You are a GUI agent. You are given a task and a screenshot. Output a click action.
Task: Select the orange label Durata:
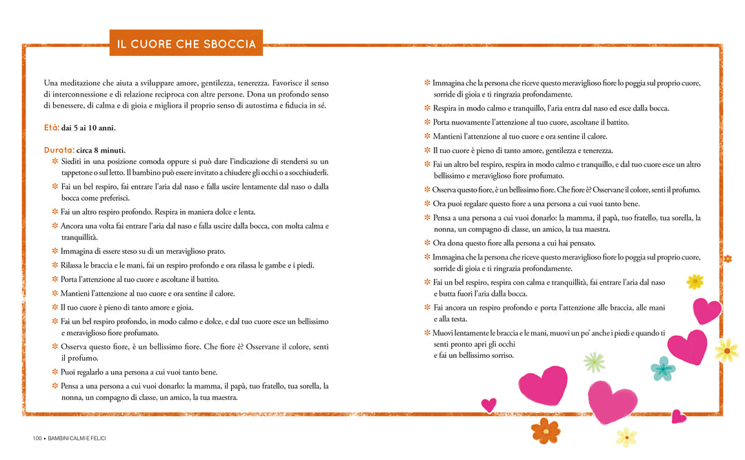click(x=59, y=150)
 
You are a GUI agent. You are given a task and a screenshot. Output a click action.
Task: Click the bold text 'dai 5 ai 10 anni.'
click(x=88, y=128)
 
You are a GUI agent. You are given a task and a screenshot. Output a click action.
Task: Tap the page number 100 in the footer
click(x=37, y=439)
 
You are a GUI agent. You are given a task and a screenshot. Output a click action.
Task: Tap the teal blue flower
click(x=662, y=368)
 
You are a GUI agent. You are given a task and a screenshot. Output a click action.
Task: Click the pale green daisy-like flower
click(x=594, y=361)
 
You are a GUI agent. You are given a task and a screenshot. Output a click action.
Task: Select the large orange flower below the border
click(x=545, y=430)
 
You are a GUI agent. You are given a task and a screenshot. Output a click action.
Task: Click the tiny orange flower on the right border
click(x=727, y=259)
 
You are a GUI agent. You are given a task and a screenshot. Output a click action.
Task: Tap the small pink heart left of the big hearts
click(x=488, y=404)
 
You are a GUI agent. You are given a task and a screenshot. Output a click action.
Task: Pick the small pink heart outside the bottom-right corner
click(x=678, y=416)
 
